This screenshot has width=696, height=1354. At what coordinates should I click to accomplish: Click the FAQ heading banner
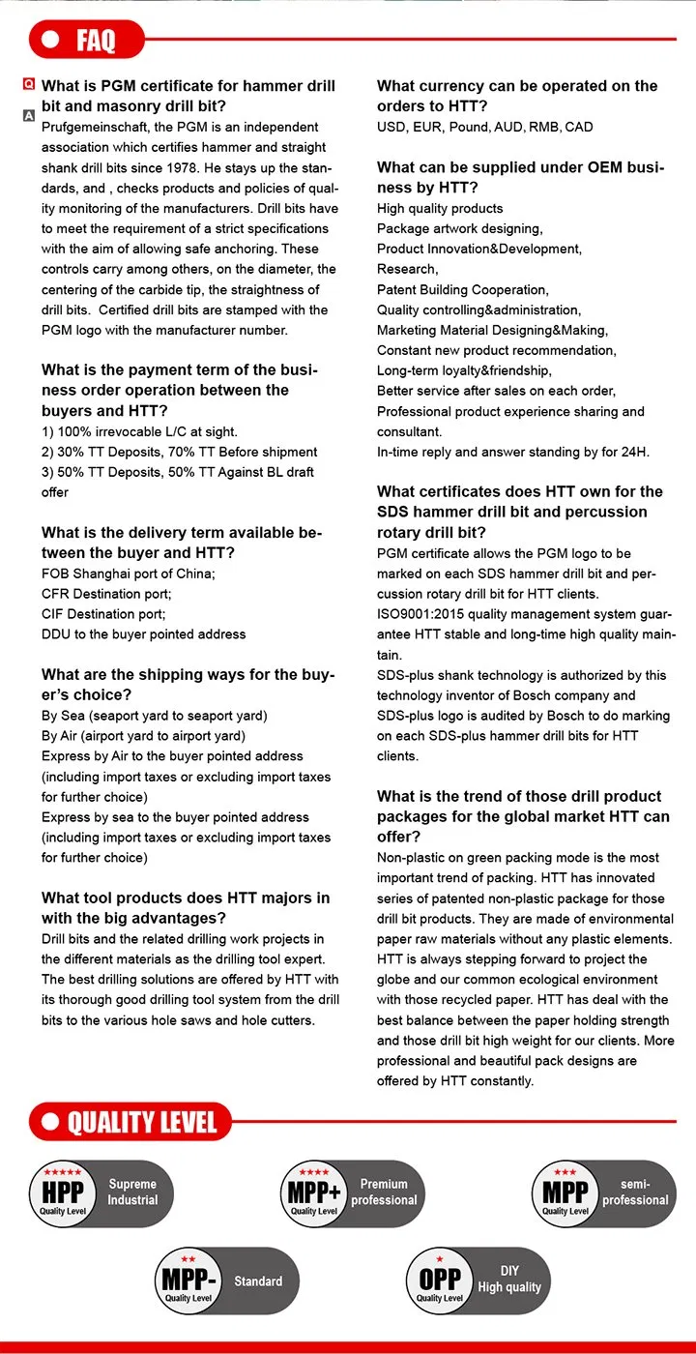(x=87, y=40)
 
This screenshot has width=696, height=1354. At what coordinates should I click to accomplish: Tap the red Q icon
(x=29, y=86)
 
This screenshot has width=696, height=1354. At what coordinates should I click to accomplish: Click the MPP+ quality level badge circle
(x=314, y=1193)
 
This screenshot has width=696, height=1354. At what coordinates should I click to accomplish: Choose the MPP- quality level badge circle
(x=188, y=1280)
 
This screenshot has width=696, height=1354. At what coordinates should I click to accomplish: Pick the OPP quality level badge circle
(x=440, y=1280)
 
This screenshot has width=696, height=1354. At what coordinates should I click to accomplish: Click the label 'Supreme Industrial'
(x=132, y=1192)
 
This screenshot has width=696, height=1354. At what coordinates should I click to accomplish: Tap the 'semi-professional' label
(x=635, y=1192)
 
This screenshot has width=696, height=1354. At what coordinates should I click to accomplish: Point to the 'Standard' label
(x=258, y=1280)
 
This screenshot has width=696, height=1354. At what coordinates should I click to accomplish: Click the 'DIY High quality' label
(x=509, y=1279)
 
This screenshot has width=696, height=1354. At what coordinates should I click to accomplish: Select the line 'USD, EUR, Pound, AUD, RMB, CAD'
(x=485, y=127)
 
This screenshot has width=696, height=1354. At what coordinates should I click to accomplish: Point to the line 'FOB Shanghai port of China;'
(x=129, y=574)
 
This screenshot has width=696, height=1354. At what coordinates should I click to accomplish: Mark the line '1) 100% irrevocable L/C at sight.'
(x=139, y=431)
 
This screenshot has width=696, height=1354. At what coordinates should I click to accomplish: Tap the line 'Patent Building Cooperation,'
(x=462, y=289)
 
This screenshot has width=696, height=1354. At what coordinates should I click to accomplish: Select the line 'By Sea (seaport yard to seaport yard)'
(x=155, y=716)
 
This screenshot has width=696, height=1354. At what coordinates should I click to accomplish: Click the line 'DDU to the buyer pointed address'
(x=144, y=634)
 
